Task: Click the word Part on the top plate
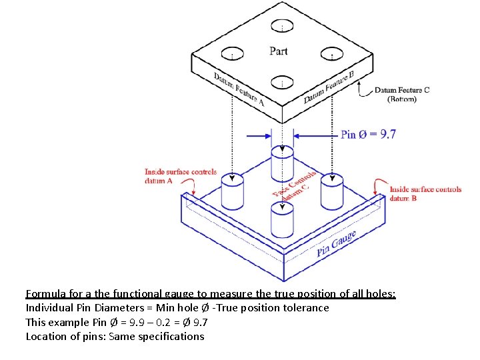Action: pos(279,51)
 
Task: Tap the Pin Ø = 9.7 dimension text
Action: pos(368,134)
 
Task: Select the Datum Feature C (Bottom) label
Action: pos(401,95)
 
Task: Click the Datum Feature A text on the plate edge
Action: pos(239,89)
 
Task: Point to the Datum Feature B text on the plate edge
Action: pos(329,87)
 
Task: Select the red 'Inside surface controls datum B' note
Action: pos(425,193)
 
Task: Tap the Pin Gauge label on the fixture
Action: pos(336,244)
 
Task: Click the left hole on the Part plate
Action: pos(233,53)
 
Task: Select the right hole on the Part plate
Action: pos(331,54)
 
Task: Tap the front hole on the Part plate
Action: pos(283,82)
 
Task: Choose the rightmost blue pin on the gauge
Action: pos(331,193)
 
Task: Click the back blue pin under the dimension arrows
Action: pos(283,164)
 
